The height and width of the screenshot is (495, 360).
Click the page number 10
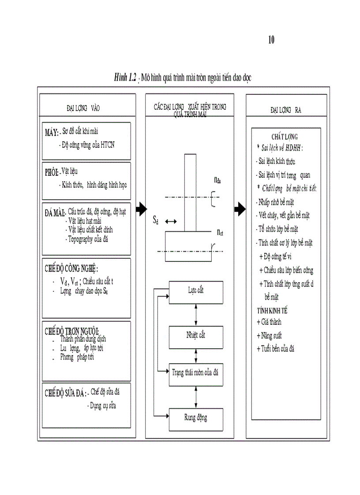[x=271, y=40]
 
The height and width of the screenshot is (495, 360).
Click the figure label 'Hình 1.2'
[x=125, y=78]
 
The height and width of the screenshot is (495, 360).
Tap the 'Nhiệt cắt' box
[x=196, y=335]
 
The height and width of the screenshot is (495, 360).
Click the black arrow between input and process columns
[x=141, y=209]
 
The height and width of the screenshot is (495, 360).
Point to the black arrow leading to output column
[x=240, y=209]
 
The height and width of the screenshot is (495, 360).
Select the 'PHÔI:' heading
[x=52, y=172]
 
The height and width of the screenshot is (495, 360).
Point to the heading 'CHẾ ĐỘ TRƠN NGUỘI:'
[x=71, y=331]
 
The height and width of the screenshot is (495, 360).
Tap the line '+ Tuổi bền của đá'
[x=276, y=349]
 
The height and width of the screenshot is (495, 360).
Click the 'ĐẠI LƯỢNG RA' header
[x=286, y=108]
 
